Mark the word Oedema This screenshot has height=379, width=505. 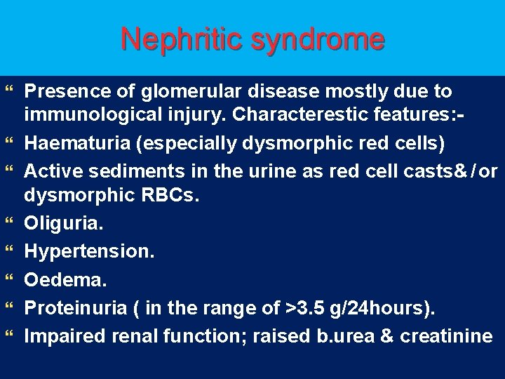[65, 280]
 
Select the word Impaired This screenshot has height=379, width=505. [62, 336]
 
